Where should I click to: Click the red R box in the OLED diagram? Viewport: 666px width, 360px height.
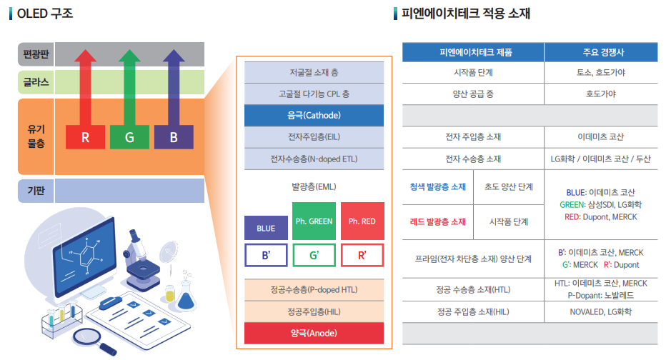pos(85,137)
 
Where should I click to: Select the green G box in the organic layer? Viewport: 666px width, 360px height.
pos(129,137)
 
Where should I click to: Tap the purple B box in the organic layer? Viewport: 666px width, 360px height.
pos(174,137)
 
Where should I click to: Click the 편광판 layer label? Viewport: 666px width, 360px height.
pos(35,54)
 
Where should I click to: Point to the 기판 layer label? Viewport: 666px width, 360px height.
pos(35,191)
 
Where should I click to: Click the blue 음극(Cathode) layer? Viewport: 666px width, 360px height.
pos(314,115)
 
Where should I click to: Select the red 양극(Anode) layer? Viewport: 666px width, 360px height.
pos(314,333)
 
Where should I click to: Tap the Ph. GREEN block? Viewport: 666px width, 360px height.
pos(314,221)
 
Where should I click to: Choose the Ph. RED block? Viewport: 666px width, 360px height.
pos(362,221)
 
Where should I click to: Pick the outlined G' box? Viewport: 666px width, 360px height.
pos(314,255)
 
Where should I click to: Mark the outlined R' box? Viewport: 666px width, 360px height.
pos(362,255)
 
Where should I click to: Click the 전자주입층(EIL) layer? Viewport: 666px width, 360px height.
pos(314,137)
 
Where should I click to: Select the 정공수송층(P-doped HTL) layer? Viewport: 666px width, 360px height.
pos(314,290)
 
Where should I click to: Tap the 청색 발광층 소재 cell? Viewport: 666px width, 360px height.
pos(438,187)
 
